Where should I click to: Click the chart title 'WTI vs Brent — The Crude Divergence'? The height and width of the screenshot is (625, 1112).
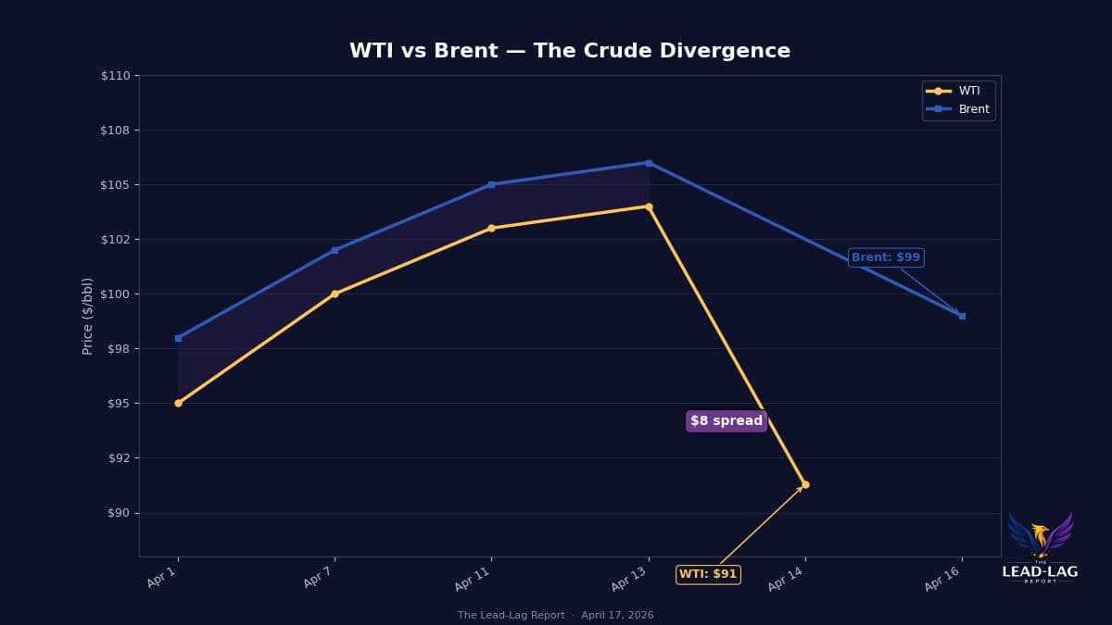pyautogui.click(x=569, y=51)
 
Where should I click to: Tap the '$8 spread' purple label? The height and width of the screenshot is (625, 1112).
pyautogui.click(x=726, y=421)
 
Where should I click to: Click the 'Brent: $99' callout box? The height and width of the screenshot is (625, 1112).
pyautogui.click(x=885, y=257)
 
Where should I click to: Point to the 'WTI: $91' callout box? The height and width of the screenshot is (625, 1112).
pyautogui.click(x=708, y=574)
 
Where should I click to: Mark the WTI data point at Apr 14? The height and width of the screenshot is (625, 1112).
pyautogui.click(x=804, y=484)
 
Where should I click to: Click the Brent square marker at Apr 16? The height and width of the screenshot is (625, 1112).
pyautogui.click(x=962, y=316)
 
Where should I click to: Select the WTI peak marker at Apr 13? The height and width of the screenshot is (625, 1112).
pyautogui.click(x=649, y=206)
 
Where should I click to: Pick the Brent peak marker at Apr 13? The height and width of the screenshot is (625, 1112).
pyautogui.click(x=649, y=163)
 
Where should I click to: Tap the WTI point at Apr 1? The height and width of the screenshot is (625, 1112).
pyautogui.click(x=178, y=403)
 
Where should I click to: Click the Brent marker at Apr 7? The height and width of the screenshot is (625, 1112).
pyautogui.click(x=335, y=250)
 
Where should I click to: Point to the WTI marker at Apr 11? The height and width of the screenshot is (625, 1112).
pyautogui.click(x=491, y=228)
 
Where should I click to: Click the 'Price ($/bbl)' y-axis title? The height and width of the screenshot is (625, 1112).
pyautogui.click(x=88, y=316)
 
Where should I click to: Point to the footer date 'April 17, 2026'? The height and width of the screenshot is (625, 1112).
pyautogui.click(x=617, y=616)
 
